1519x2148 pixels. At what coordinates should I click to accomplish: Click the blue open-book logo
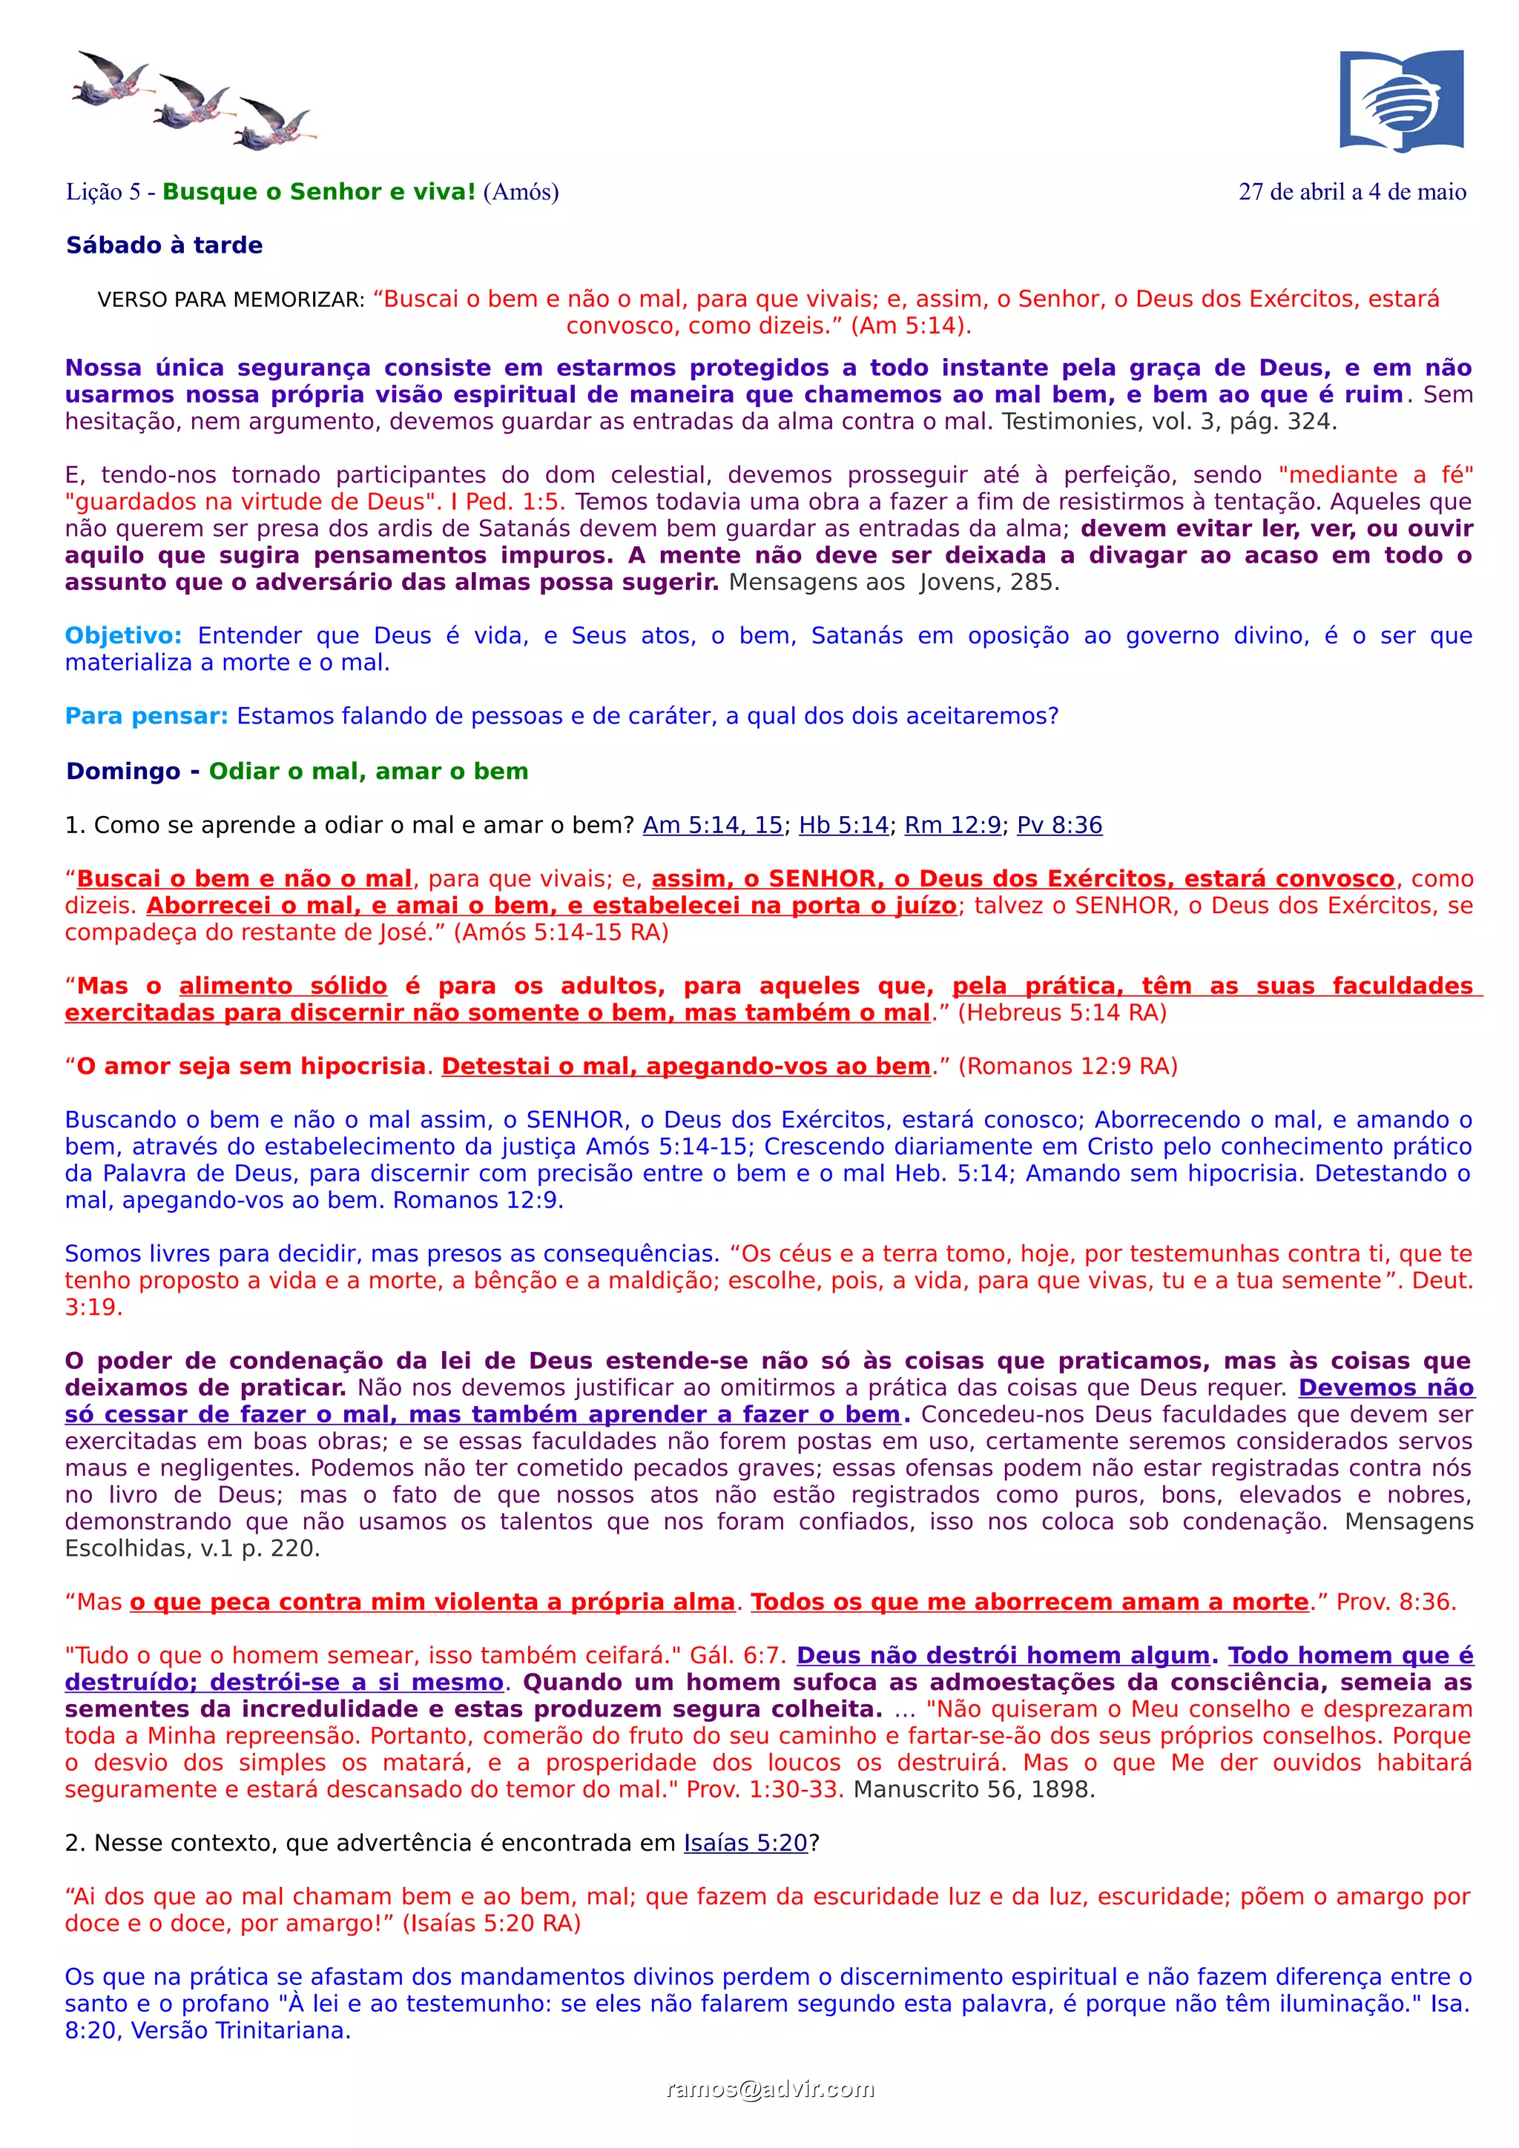(x=1401, y=100)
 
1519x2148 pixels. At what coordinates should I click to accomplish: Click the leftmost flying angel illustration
(x=111, y=79)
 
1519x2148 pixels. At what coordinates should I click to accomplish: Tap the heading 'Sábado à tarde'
(x=164, y=245)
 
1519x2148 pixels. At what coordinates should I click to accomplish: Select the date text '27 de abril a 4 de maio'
(x=1351, y=192)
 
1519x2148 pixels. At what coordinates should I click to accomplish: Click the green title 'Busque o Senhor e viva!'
(x=319, y=192)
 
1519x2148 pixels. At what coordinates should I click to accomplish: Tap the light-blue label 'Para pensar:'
(x=146, y=717)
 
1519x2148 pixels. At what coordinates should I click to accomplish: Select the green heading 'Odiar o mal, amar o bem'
(x=368, y=771)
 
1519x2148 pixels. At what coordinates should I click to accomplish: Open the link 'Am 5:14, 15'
(x=712, y=825)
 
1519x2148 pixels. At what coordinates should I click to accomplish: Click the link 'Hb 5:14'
(x=843, y=825)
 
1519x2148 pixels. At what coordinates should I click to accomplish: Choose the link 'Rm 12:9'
(x=952, y=825)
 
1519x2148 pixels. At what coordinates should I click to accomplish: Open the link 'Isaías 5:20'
(x=745, y=1843)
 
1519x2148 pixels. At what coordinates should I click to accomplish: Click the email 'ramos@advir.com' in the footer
(x=769, y=2089)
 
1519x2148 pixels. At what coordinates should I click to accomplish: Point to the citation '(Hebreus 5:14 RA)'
(x=1061, y=1013)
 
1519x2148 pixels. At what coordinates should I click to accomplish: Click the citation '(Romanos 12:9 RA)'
(x=1067, y=1067)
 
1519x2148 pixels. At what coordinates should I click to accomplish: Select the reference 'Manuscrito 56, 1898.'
(x=973, y=1790)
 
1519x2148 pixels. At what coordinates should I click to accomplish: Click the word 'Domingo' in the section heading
(x=122, y=771)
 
